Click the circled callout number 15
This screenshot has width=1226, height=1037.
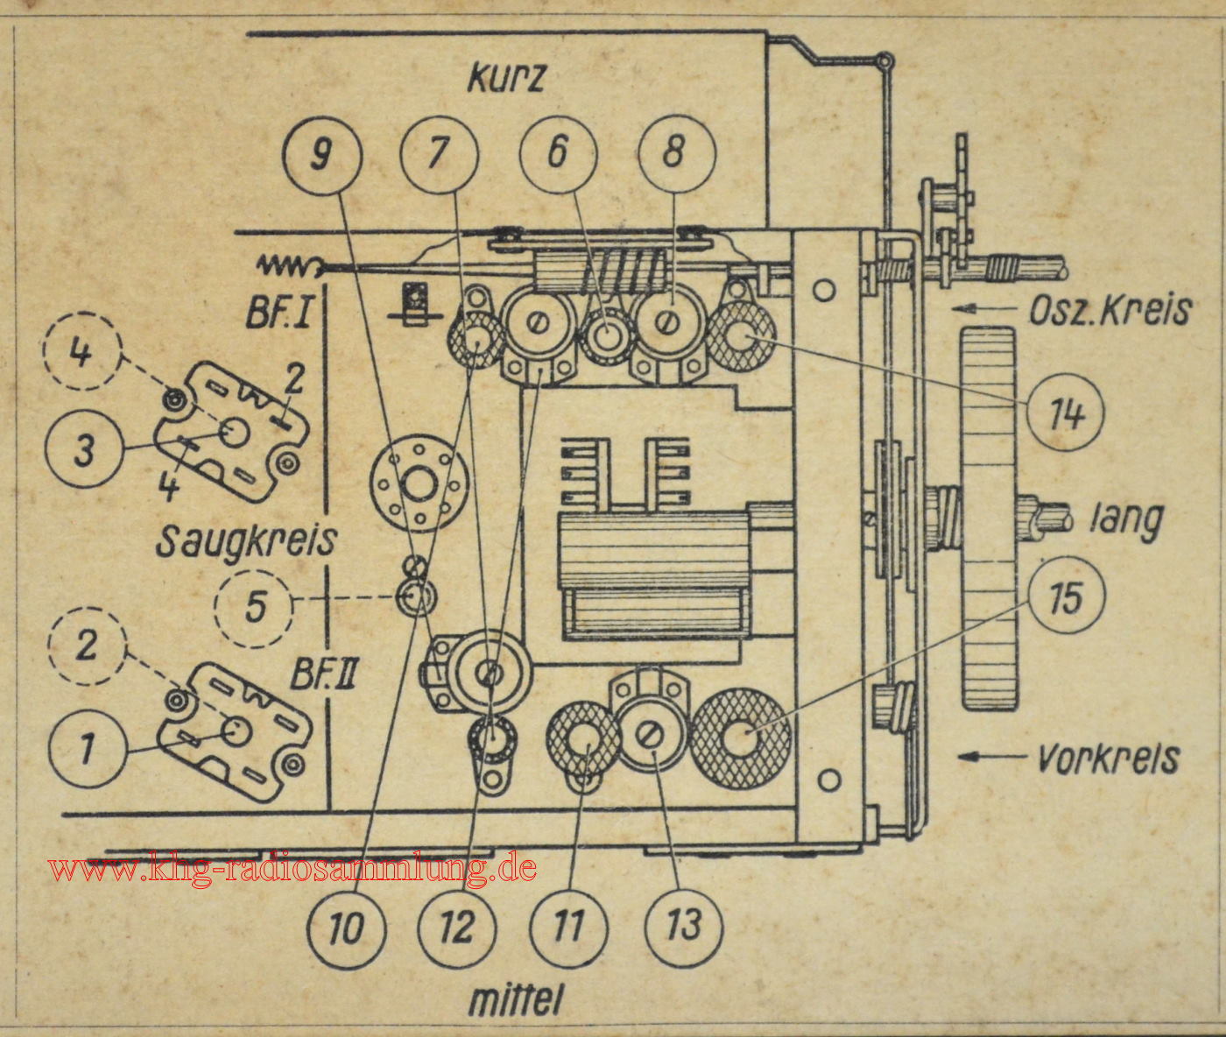tap(1067, 596)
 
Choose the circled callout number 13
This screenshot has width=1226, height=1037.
tap(684, 924)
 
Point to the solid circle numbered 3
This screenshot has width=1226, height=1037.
tap(85, 450)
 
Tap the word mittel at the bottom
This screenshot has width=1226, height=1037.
tap(514, 999)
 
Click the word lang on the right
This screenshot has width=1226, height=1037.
tap(1126, 520)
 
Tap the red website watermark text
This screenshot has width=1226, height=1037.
tap(292, 869)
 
